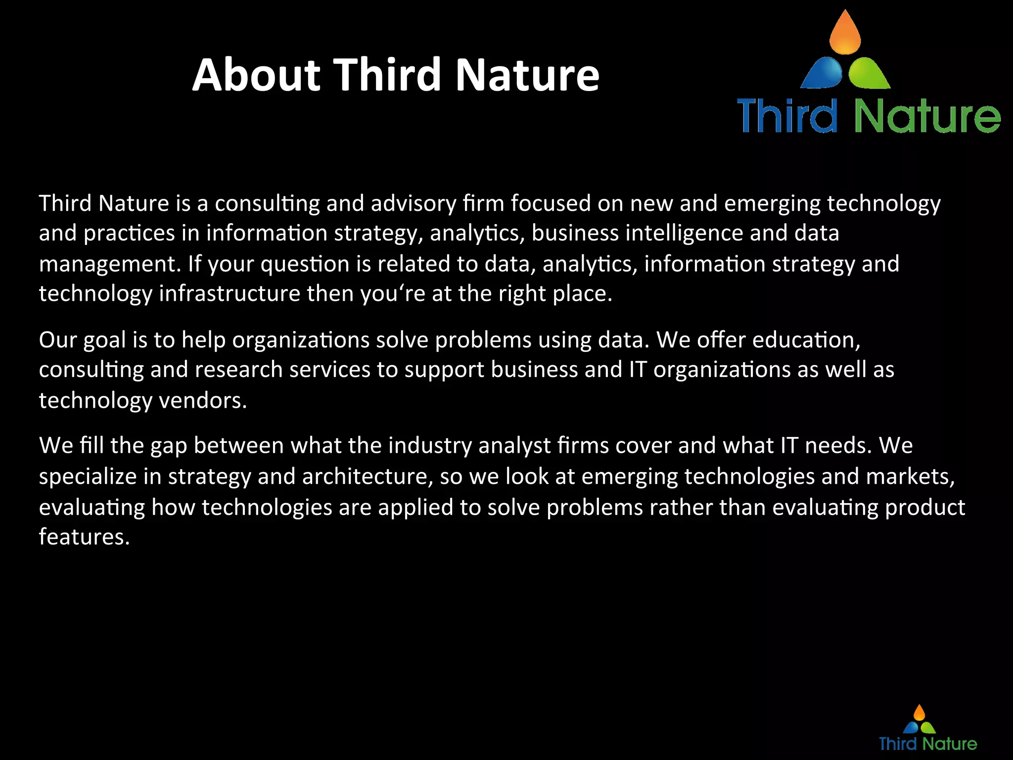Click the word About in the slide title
(x=256, y=75)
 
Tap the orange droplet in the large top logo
(x=845, y=34)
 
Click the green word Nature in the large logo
(x=927, y=116)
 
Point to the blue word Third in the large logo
(x=787, y=115)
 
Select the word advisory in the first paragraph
(x=414, y=204)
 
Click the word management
(x=109, y=264)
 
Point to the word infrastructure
(x=230, y=294)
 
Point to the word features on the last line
(x=84, y=537)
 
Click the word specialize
(x=88, y=476)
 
